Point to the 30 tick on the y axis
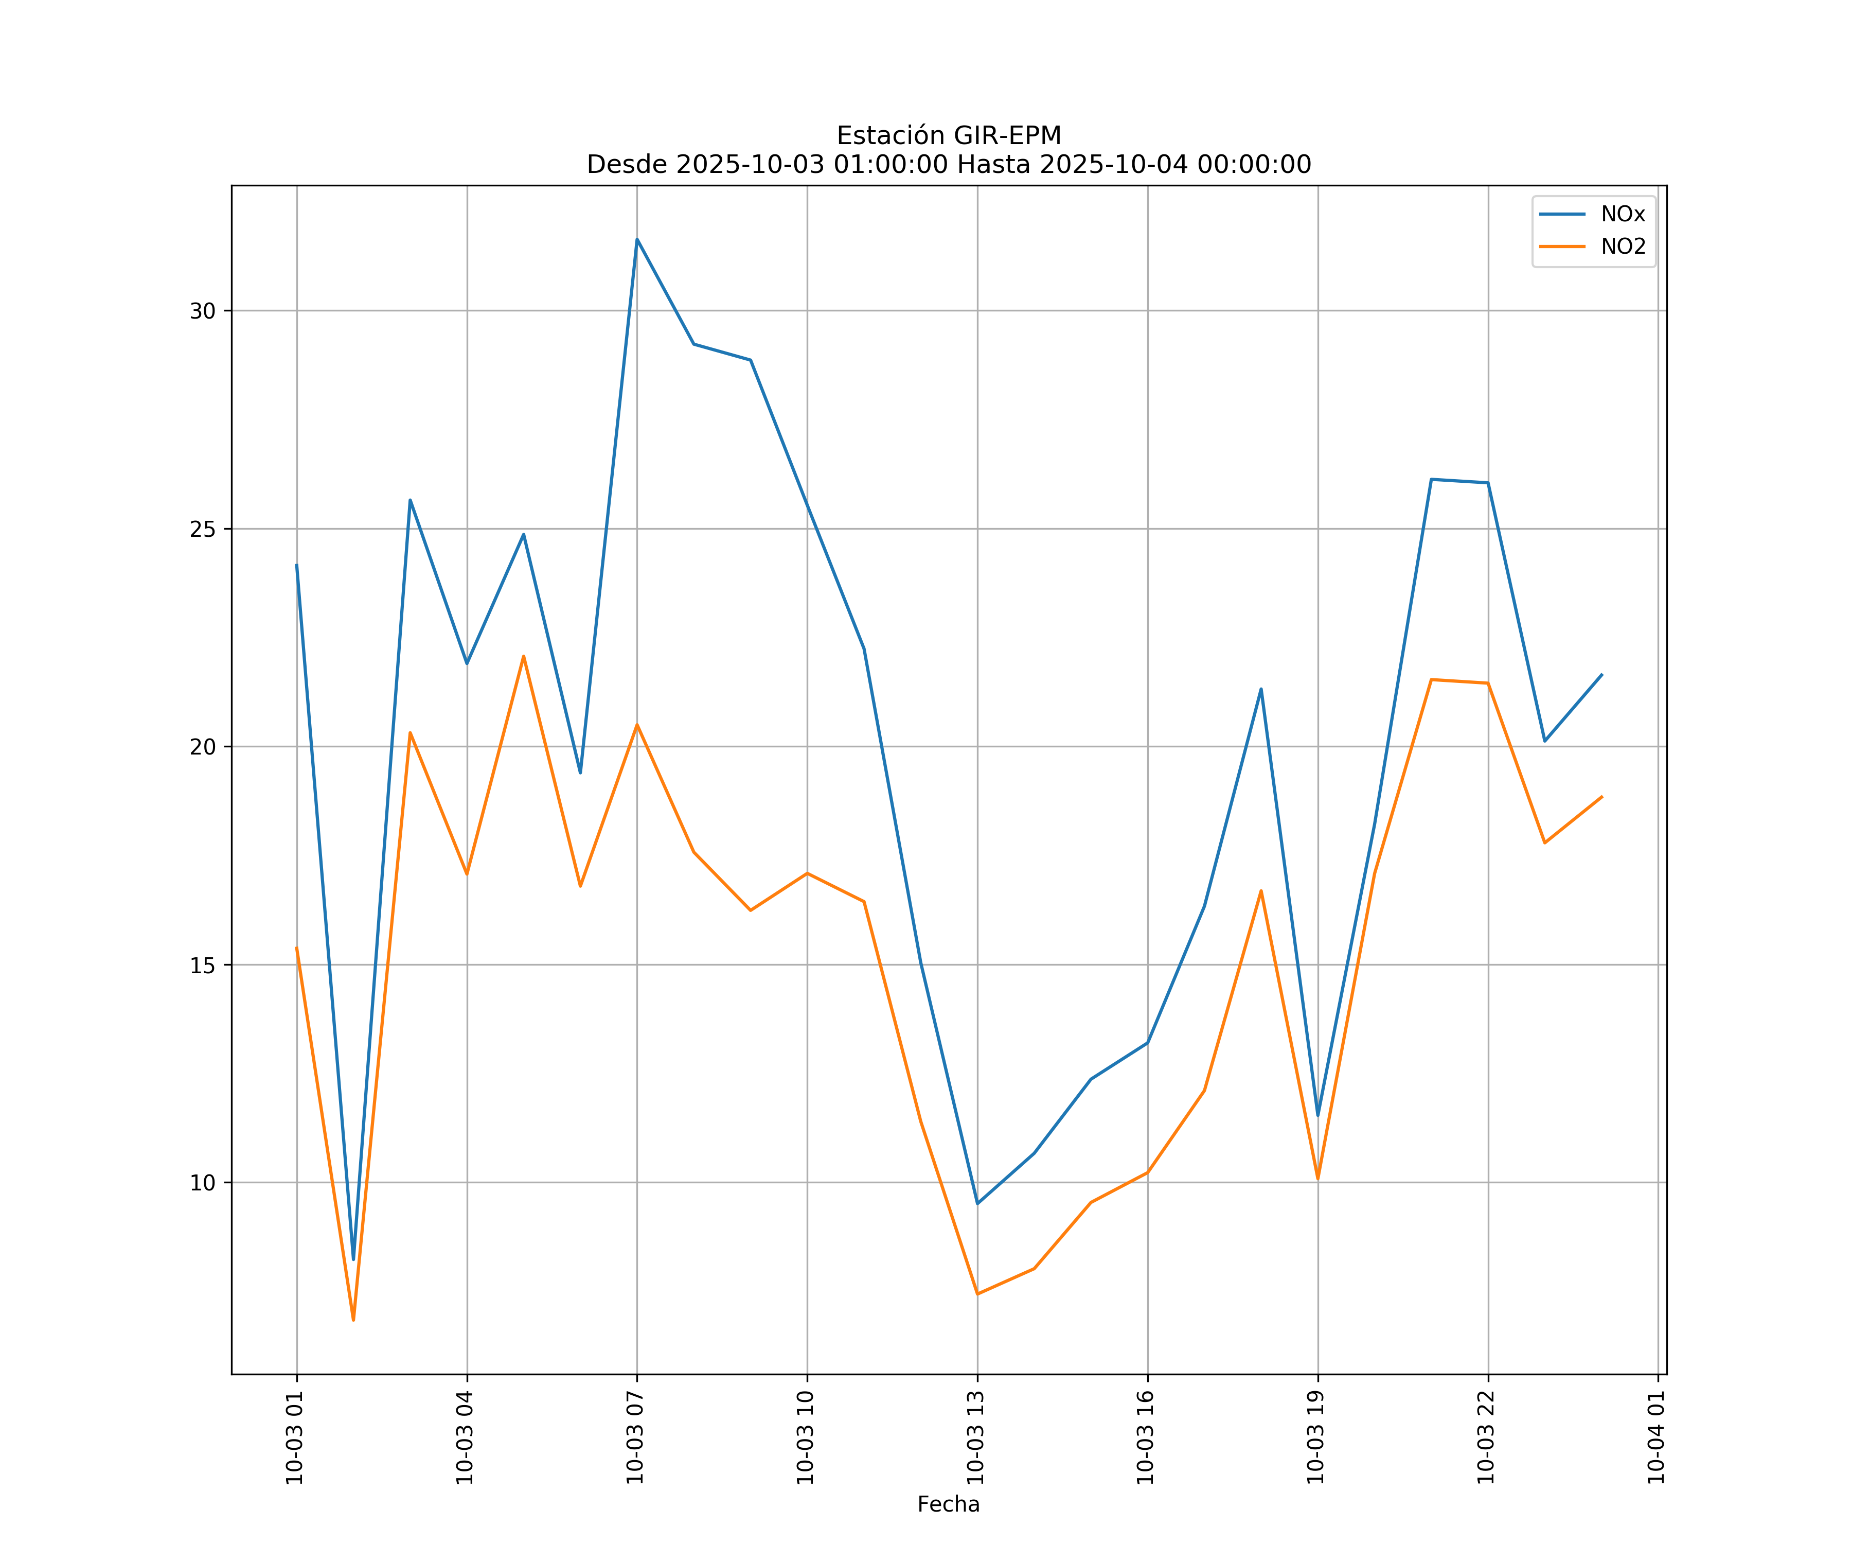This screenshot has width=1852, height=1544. tap(203, 310)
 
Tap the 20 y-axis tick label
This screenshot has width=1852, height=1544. tap(203, 746)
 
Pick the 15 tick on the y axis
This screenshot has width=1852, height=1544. tap(203, 965)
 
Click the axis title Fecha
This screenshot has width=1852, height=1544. tap(948, 1504)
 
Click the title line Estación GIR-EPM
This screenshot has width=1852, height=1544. tap(948, 136)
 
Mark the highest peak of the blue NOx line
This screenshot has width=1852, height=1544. tap(637, 239)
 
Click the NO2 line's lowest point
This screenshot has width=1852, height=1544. tap(353, 1320)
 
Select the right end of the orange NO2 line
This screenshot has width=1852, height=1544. tap(1601, 797)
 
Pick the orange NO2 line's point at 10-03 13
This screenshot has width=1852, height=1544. tap(977, 1293)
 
